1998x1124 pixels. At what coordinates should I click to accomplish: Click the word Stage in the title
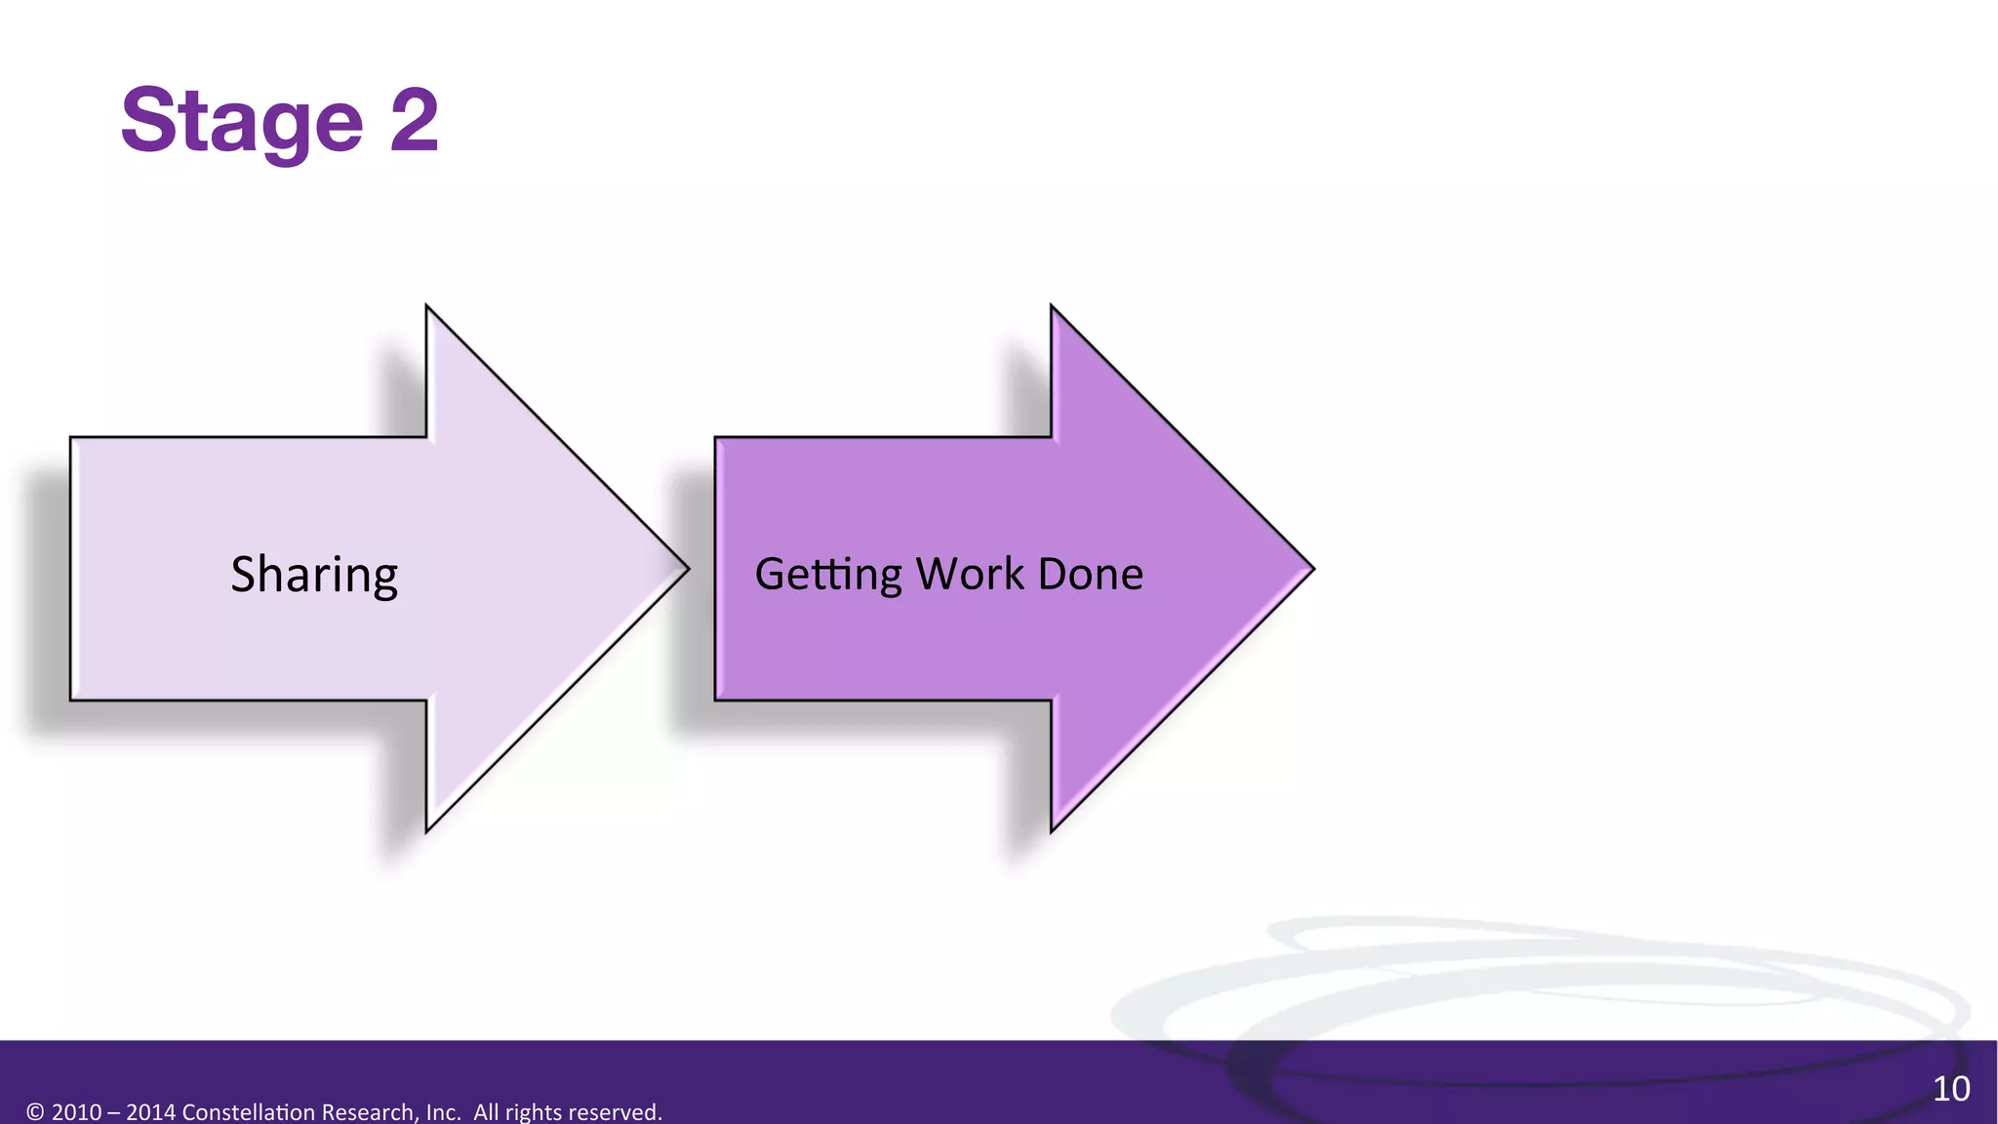coord(241,121)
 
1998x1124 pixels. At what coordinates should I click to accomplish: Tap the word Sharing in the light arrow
coord(314,574)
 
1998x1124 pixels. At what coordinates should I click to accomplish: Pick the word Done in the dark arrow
coord(1090,574)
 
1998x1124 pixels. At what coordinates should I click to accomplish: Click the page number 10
coord(1950,1088)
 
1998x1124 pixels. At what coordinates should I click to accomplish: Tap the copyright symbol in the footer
coord(35,1112)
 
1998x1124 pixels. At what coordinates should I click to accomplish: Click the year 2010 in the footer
coord(76,1112)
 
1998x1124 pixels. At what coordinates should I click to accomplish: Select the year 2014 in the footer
coord(150,1112)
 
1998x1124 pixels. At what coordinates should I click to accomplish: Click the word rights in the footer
coord(533,1112)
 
